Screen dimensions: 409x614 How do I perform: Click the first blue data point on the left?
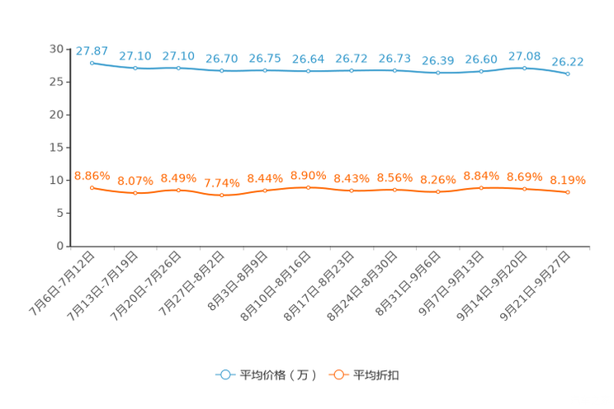[x=92, y=62]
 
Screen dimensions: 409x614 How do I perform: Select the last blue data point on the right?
[x=568, y=74]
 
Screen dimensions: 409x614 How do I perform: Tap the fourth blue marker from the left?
[x=221, y=72]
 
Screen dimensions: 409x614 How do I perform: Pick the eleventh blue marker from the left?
[x=525, y=68]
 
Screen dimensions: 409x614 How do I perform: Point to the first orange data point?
[x=92, y=187]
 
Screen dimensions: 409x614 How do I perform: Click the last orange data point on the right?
[x=568, y=192]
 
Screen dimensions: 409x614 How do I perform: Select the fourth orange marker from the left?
[x=221, y=195]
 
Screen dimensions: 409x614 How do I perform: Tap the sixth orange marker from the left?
[x=308, y=187]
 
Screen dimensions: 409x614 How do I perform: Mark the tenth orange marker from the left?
[x=481, y=188]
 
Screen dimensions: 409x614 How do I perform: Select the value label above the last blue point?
[x=568, y=61]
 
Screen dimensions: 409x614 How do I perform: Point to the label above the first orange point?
[x=92, y=176]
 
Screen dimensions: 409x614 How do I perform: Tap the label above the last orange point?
[x=568, y=180]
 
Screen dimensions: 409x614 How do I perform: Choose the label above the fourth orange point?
[x=221, y=182]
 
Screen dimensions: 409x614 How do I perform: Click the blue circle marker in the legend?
[x=224, y=374]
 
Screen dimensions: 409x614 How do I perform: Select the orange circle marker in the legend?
[x=338, y=374]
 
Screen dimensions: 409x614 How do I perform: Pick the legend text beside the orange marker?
[x=378, y=375]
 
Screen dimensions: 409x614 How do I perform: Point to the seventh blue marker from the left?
[x=352, y=71]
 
